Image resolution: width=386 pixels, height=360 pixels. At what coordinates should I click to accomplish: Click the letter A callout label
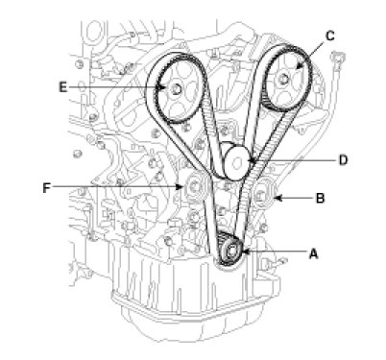coord(314,253)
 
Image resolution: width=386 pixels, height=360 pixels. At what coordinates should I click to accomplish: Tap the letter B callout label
coord(320,199)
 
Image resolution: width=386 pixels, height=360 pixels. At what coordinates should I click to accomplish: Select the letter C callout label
coord(330,36)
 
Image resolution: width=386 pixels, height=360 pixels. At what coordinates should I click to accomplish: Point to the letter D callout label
coord(343,160)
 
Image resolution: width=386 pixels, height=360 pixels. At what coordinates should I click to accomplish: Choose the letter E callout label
coord(63,87)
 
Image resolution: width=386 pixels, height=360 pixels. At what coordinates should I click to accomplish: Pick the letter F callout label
coord(47,188)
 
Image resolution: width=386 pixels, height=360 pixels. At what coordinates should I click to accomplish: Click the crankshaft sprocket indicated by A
coord(230,252)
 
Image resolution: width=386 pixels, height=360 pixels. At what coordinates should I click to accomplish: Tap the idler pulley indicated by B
coord(263,195)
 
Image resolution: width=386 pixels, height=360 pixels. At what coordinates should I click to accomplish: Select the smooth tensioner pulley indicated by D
coord(237,163)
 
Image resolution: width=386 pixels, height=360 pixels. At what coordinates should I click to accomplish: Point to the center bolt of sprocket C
coord(283,78)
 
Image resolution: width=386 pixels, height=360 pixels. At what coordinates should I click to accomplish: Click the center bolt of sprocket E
coord(176,89)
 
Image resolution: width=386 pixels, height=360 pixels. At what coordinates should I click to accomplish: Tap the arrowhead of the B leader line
coord(277,199)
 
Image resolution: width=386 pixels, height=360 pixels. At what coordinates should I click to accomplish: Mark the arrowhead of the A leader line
coord(246,252)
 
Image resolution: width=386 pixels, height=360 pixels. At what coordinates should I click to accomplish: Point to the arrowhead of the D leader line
coord(253,160)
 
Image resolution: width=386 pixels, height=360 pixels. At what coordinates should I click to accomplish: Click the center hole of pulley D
coord(237,163)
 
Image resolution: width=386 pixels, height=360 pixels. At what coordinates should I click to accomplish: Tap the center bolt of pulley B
coord(261,196)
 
